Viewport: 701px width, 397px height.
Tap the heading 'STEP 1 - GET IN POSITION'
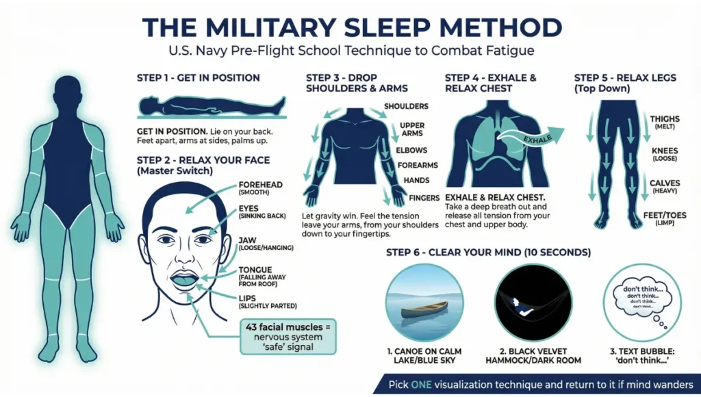tap(199, 78)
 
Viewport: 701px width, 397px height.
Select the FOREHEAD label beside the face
tap(260, 185)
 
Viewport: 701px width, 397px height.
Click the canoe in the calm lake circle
tap(424, 311)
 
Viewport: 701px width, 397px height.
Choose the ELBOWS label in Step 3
tap(411, 150)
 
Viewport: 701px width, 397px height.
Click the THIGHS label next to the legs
tap(664, 120)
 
